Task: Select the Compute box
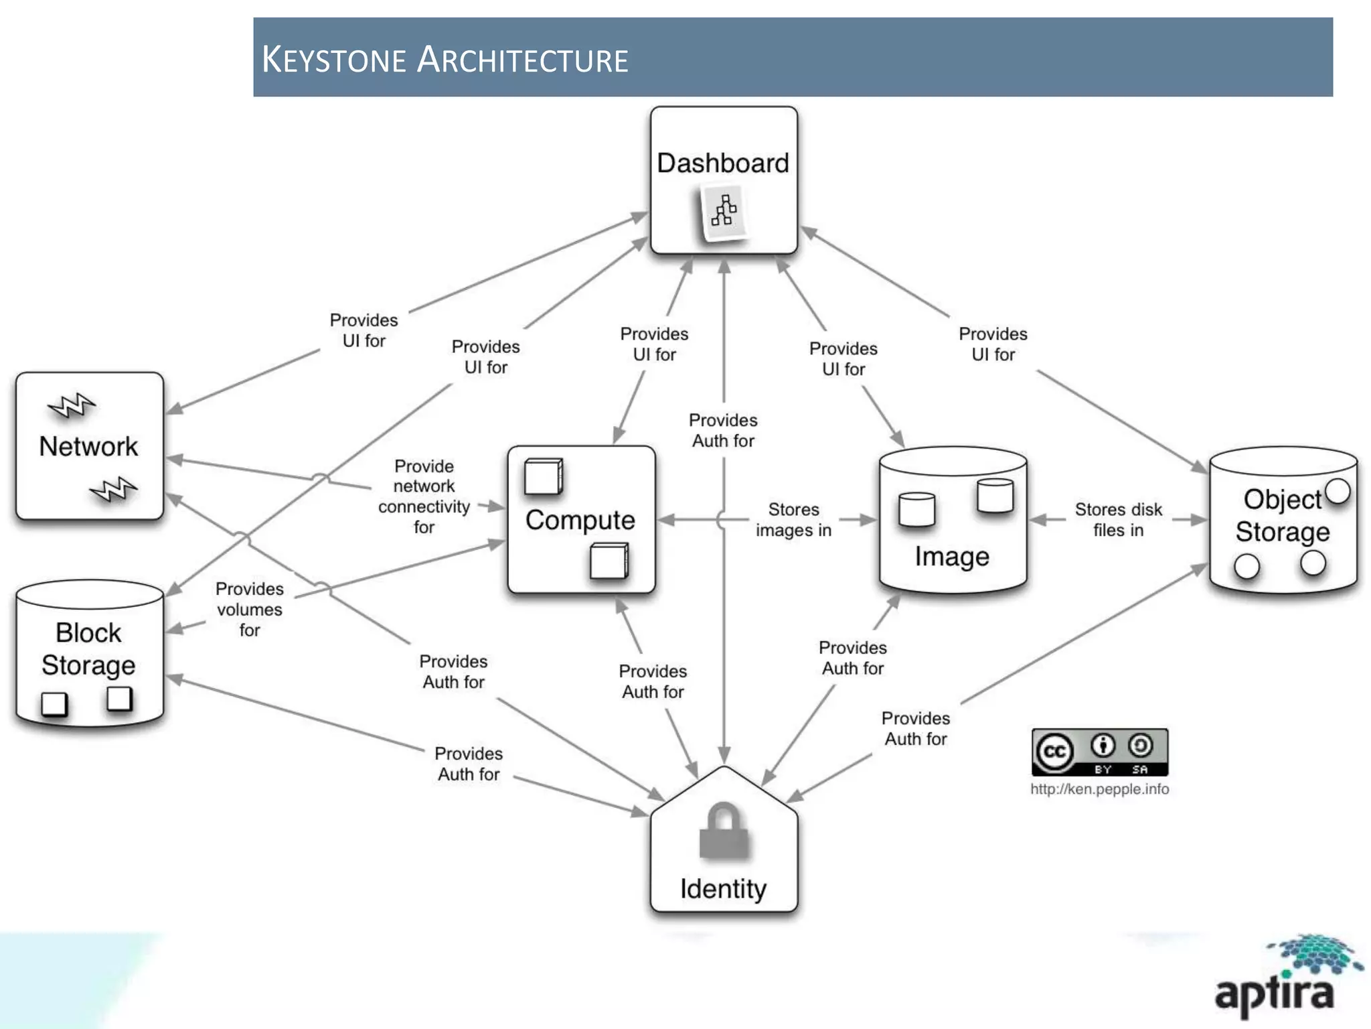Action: click(x=580, y=520)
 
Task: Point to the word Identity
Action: click(x=724, y=889)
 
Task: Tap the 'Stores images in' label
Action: click(x=793, y=520)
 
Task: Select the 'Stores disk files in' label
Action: click(x=1118, y=520)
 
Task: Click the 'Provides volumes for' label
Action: click(x=249, y=609)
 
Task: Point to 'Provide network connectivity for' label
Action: click(x=424, y=496)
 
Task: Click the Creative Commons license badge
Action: click(x=1100, y=752)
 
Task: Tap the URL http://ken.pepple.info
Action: click(x=1100, y=789)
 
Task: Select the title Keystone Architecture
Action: click(x=445, y=59)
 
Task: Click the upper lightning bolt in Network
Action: click(x=72, y=405)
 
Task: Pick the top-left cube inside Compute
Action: click(x=543, y=476)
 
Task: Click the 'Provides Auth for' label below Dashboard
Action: click(x=723, y=431)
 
